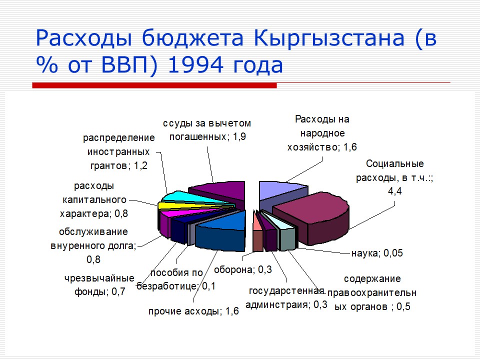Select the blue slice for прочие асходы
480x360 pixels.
tap(220, 232)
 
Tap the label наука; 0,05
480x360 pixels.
tap(376, 253)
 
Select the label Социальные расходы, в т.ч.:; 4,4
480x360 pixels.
tap(394, 177)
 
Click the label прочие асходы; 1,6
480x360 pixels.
tap(193, 311)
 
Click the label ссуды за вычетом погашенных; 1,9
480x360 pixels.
tap(207, 129)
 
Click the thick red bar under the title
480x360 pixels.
tap(154, 85)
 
